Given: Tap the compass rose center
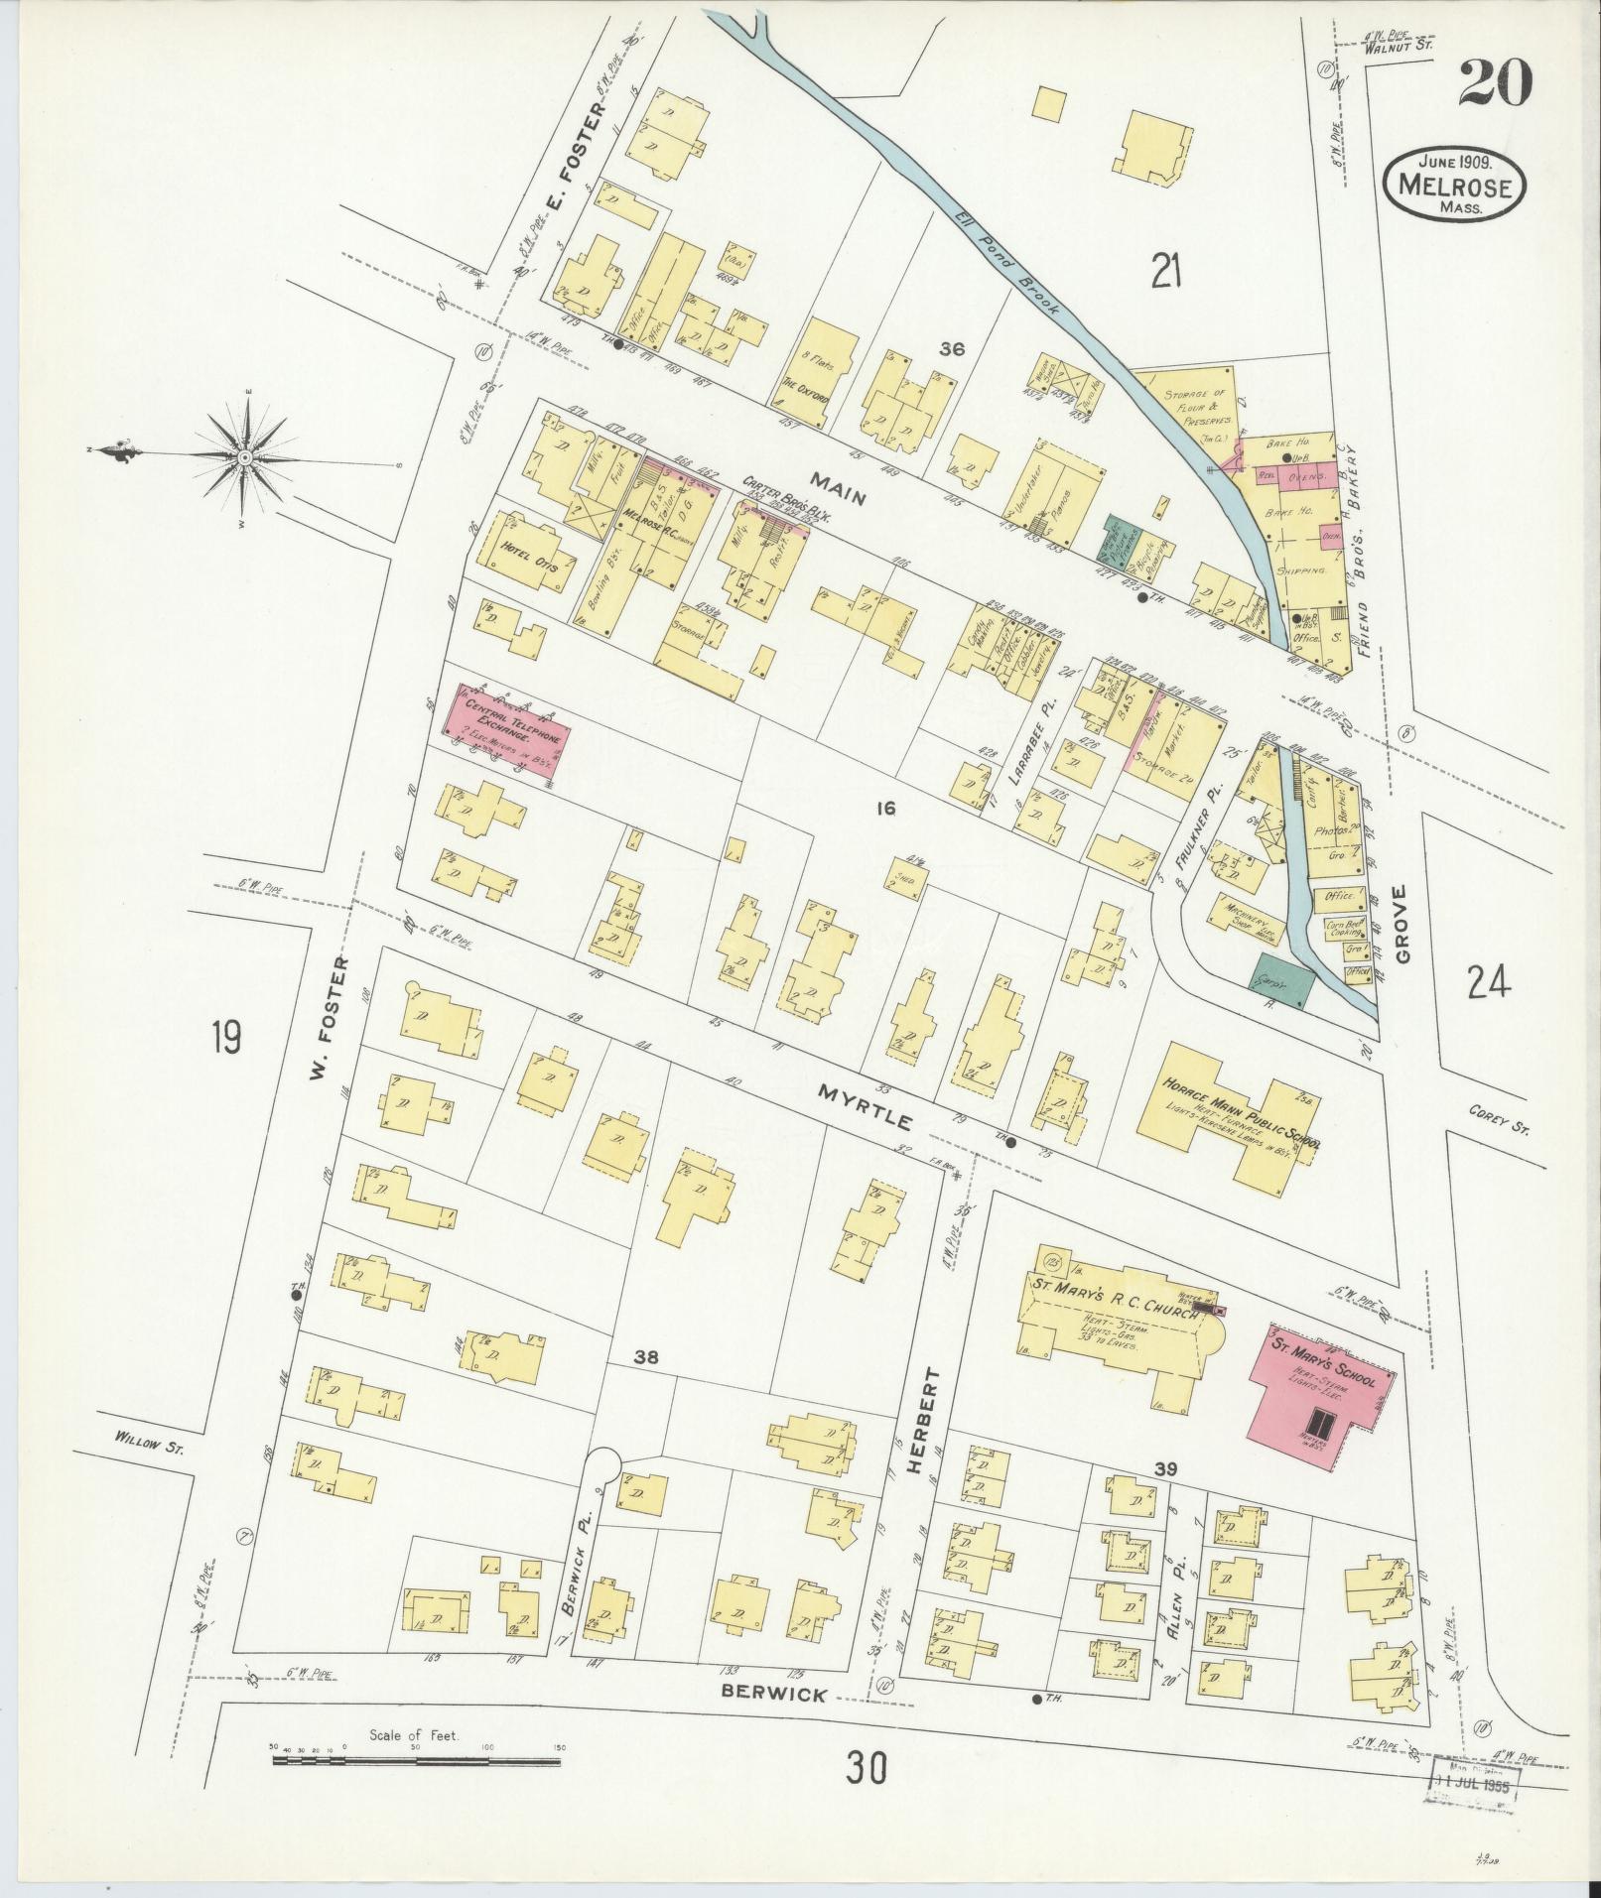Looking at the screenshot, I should (x=243, y=456).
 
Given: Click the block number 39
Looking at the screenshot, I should (x=1165, y=1467).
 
